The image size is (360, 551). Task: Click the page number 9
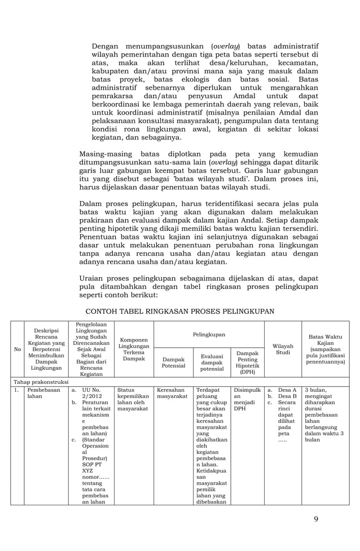tap(316, 519)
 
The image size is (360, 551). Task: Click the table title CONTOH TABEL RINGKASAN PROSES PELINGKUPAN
tap(180, 312)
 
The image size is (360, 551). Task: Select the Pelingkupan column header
tap(209, 335)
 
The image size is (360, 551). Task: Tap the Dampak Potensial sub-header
tap(173, 362)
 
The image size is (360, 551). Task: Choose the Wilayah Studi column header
tap(282, 348)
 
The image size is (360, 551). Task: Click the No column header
tap(17, 349)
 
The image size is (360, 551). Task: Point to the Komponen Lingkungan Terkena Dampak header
tap(134, 349)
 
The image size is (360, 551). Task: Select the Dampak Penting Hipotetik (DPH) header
tap(247, 362)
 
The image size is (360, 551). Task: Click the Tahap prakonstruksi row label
tap(41, 382)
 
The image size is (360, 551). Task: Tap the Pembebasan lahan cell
tap(41, 393)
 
